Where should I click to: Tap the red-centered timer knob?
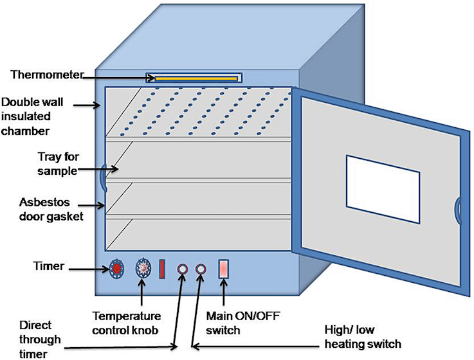pyautogui.click(x=117, y=268)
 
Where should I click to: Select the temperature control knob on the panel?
pyautogui.click(x=143, y=269)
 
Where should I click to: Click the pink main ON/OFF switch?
pyautogui.click(x=224, y=269)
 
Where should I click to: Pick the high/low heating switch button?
pyautogui.click(x=201, y=269)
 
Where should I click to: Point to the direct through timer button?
pyautogui.click(x=182, y=269)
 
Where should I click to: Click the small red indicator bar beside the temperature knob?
pyautogui.click(x=162, y=269)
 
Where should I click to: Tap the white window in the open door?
pyautogui.click(x=383, y=184)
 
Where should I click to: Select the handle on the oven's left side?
pyautogui.click(x=101, y=179)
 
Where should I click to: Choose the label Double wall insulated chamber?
pyautogui.click(x=26, y=116)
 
